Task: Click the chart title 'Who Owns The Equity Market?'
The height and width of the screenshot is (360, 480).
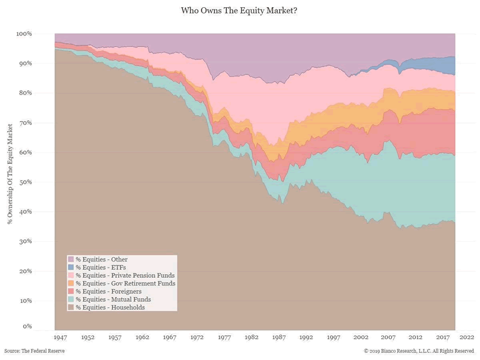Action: tap(240, 11)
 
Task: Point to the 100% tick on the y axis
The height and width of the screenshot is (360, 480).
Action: tap(24, 34)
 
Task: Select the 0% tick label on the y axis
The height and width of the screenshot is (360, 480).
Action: tap(27, 327)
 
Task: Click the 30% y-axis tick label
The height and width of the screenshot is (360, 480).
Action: tap(25, 242)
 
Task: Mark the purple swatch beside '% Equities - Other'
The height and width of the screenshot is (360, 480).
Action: tap(71, 259)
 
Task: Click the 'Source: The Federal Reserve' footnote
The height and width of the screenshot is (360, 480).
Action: tap(34, 351)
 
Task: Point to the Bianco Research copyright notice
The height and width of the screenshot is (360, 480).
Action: tap(419, 351)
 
